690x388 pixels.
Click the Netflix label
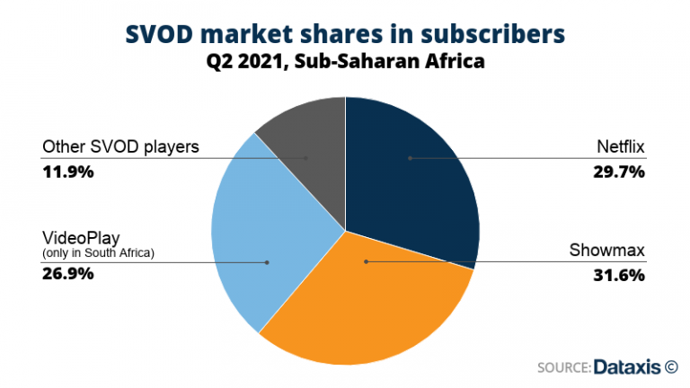pos(621,147)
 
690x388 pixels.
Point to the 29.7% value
pos(618,172)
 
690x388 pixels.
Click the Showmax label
pos(611,251)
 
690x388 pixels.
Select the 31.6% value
pos(618,276)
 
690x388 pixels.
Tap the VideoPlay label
pos(78,238)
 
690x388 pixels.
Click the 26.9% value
pos(71,276)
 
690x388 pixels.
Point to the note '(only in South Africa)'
pos(99,253)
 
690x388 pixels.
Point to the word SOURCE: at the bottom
pos(563,366)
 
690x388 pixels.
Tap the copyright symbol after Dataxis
pos(671,366)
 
